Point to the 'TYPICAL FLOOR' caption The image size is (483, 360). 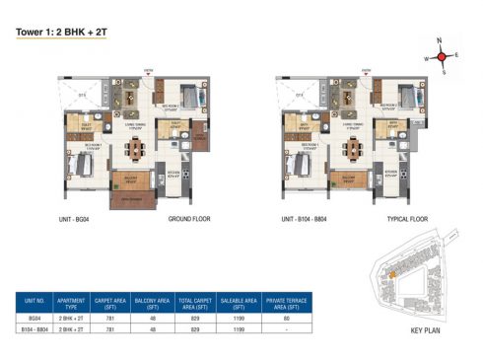point(402,218)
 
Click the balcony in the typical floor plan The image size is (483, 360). point(347,181)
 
